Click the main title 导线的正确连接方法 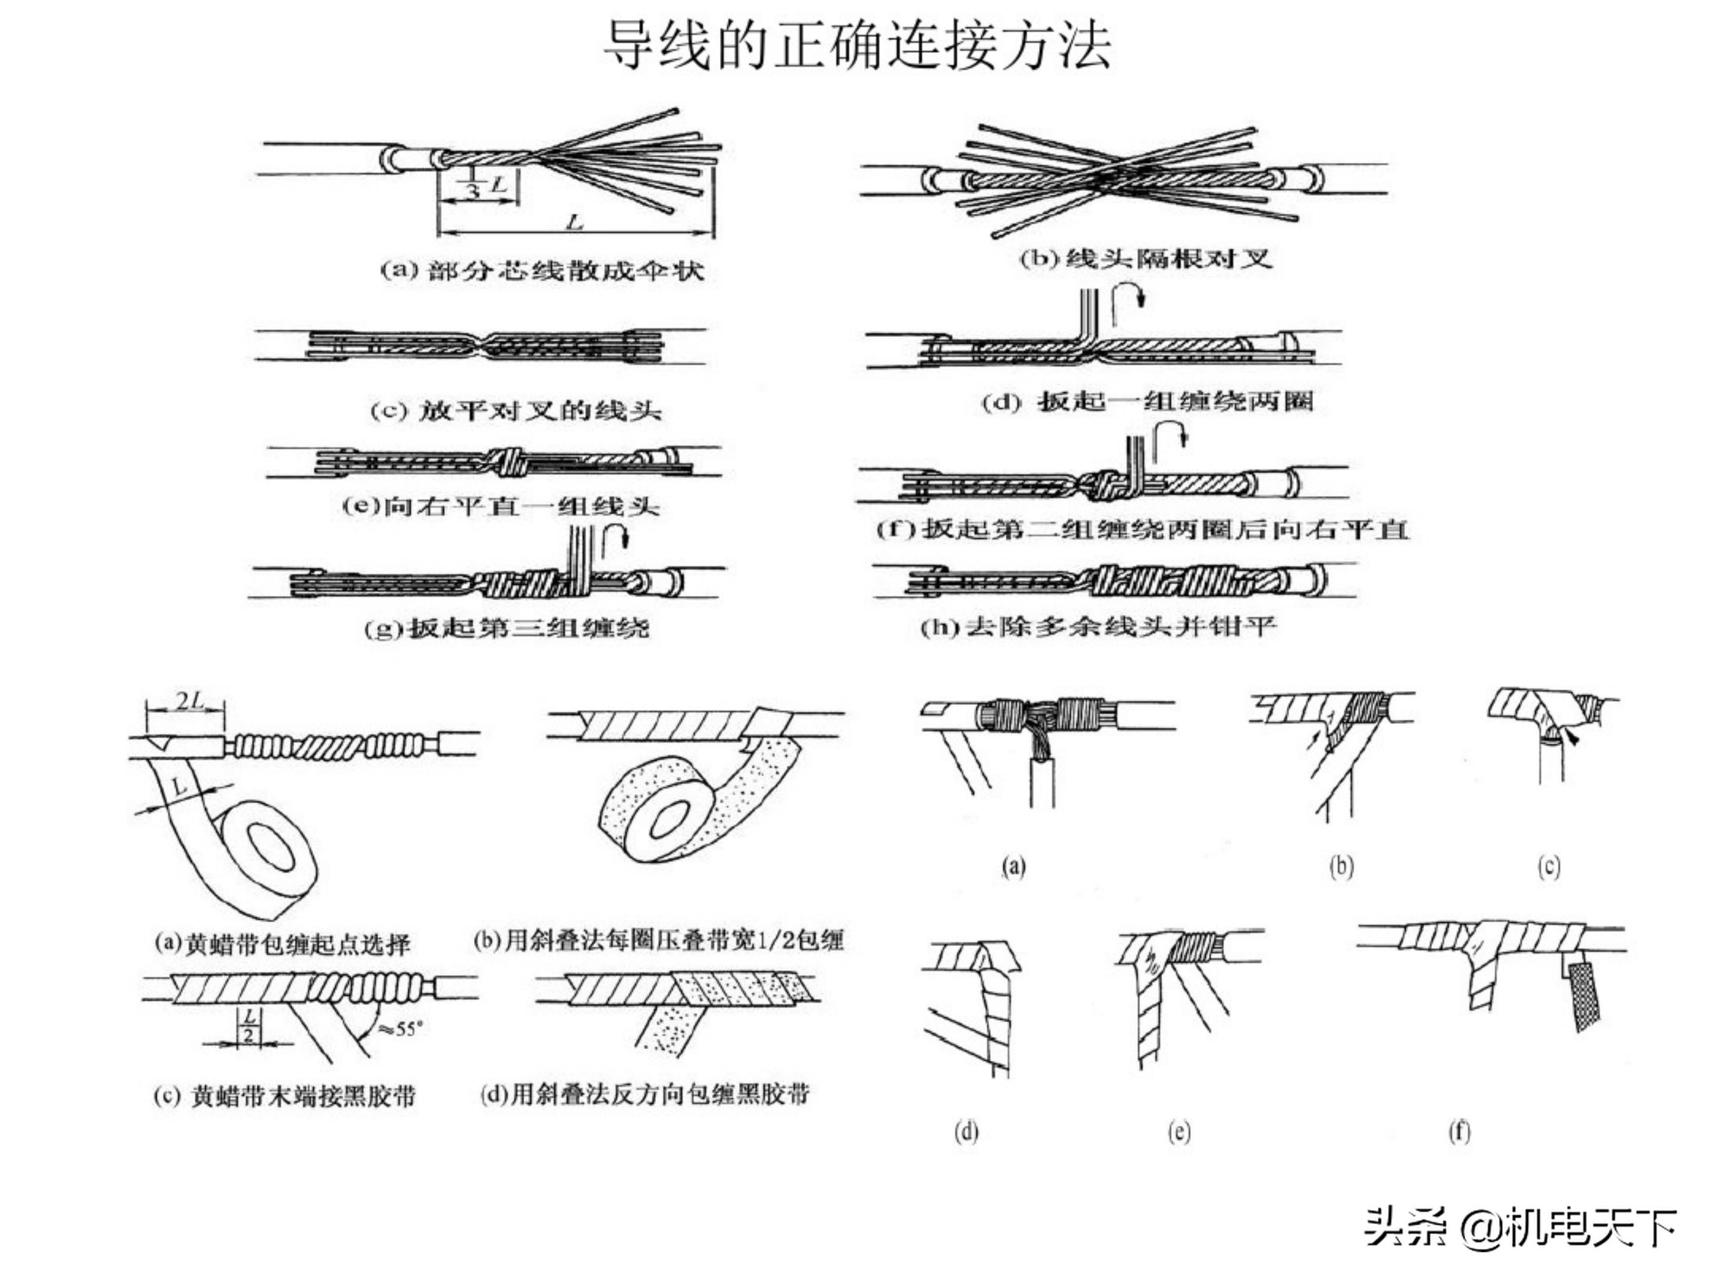pos(857,45)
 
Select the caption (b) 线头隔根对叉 pos(1145,258)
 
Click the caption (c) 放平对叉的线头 pos(515,410)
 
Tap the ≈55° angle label pos(401,1029)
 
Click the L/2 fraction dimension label pos(249,1026)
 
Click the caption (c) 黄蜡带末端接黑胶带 pos(284,1096)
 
